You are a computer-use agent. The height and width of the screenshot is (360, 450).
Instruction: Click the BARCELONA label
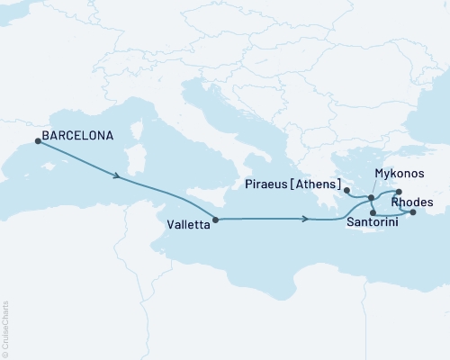[x=80, y=137]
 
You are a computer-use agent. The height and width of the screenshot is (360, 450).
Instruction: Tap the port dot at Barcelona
[x=37, y=139]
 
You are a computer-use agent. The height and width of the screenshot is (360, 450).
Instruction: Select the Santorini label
[x=373, y=220]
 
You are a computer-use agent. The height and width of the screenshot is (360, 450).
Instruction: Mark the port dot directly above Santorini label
[x=373, y=212]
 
